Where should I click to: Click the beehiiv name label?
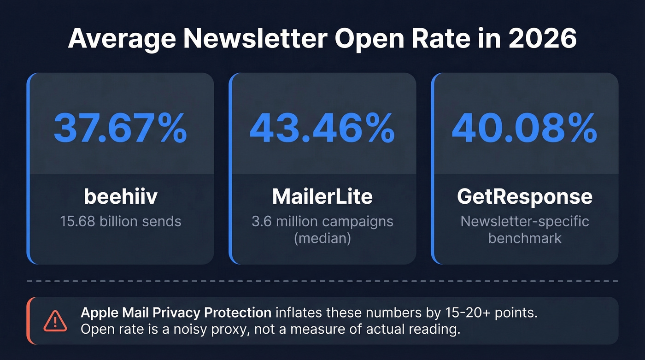(121, 197)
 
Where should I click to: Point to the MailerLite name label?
(322, 197)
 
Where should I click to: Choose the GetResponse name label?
(524, 197)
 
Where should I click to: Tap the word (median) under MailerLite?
(322, 238)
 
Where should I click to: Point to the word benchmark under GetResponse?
(524, 238)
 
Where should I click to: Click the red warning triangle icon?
(55, 321)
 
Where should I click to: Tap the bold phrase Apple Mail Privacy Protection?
(176, 313)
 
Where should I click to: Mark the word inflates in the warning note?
(299, 313)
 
